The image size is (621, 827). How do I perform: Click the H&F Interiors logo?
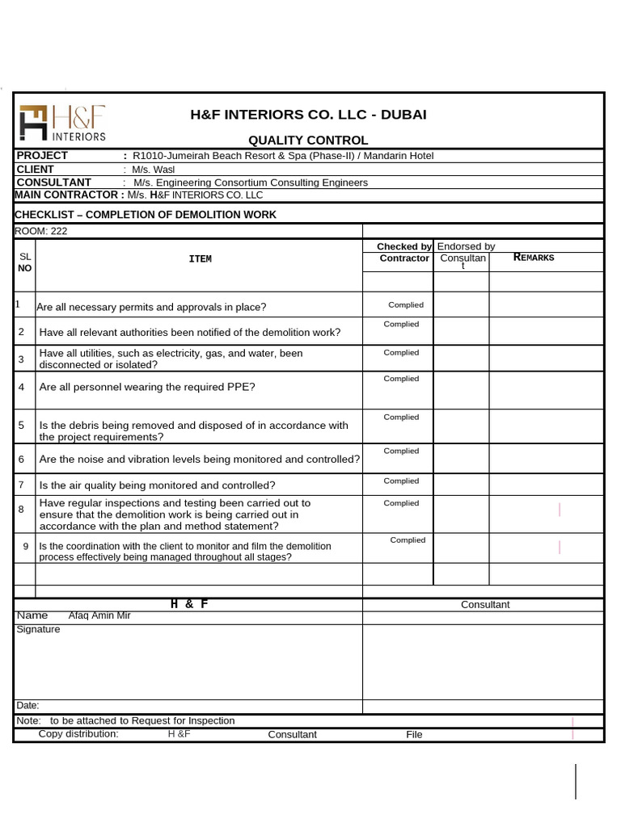(x=62, y=123)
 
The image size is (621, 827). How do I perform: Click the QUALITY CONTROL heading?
(x=307, y=141)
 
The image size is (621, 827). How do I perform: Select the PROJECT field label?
(x=43, y=155)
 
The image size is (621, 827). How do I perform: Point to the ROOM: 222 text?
(x=41, y=231)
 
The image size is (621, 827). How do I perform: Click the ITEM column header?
(x=200, y=258)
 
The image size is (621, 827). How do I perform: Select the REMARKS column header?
(x=534, y=258)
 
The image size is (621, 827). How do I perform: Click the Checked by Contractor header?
(x=404, y=252)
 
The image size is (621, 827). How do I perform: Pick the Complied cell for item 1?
(x=405, y=305)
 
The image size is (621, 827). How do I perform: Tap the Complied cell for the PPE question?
(x=401, y=379)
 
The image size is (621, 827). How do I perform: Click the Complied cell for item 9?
(x=408, y=540)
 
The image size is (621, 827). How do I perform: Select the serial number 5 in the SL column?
(x=22, y=425)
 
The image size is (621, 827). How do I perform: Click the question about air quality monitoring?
(x=157, y=485)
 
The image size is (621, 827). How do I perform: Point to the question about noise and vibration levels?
(x=199, y=459)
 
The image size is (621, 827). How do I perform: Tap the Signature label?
(x=38, y=629)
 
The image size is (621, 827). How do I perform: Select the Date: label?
(x=27, y=705)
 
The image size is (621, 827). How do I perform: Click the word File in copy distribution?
(x=414, y=735)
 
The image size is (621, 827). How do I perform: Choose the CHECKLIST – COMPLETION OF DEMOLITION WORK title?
(x=146, y=215)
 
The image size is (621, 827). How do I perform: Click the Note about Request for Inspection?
(x=125, y=720)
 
